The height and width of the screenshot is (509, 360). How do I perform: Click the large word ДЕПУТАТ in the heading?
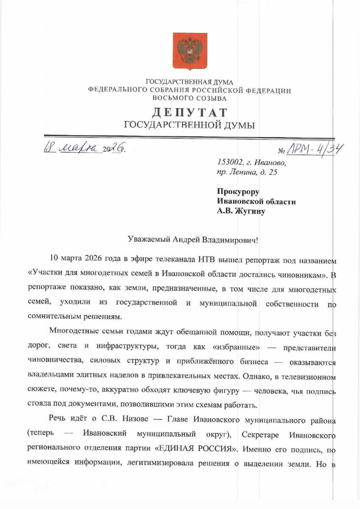[190, 113]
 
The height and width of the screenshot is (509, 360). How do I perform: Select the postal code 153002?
[229, 162]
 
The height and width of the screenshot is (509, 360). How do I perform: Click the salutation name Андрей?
[187, 240]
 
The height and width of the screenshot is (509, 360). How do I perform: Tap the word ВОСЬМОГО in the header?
[170, 98]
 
